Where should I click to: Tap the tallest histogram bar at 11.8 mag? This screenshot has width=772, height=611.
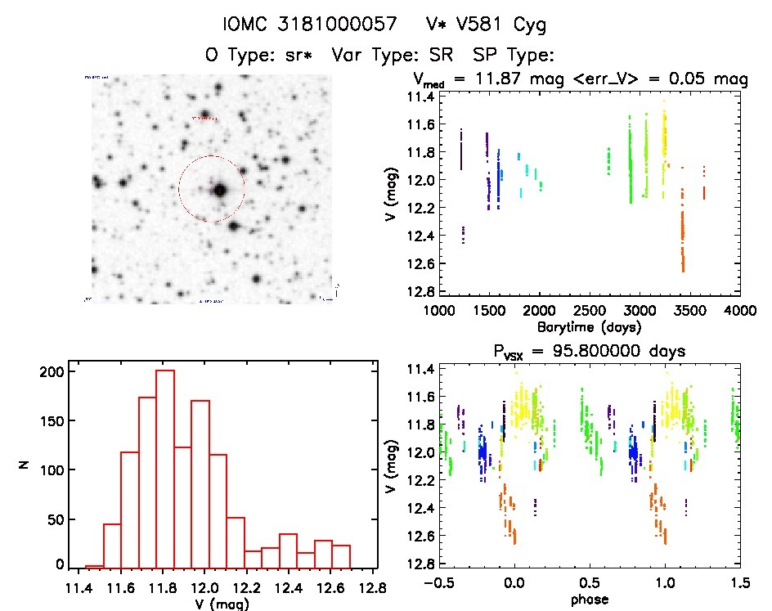pos(165,468)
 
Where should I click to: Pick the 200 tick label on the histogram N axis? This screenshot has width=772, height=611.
pos(52,371)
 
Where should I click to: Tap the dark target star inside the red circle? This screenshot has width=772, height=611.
pos(219,190)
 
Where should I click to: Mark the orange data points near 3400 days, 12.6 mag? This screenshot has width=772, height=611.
pos(682,258)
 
